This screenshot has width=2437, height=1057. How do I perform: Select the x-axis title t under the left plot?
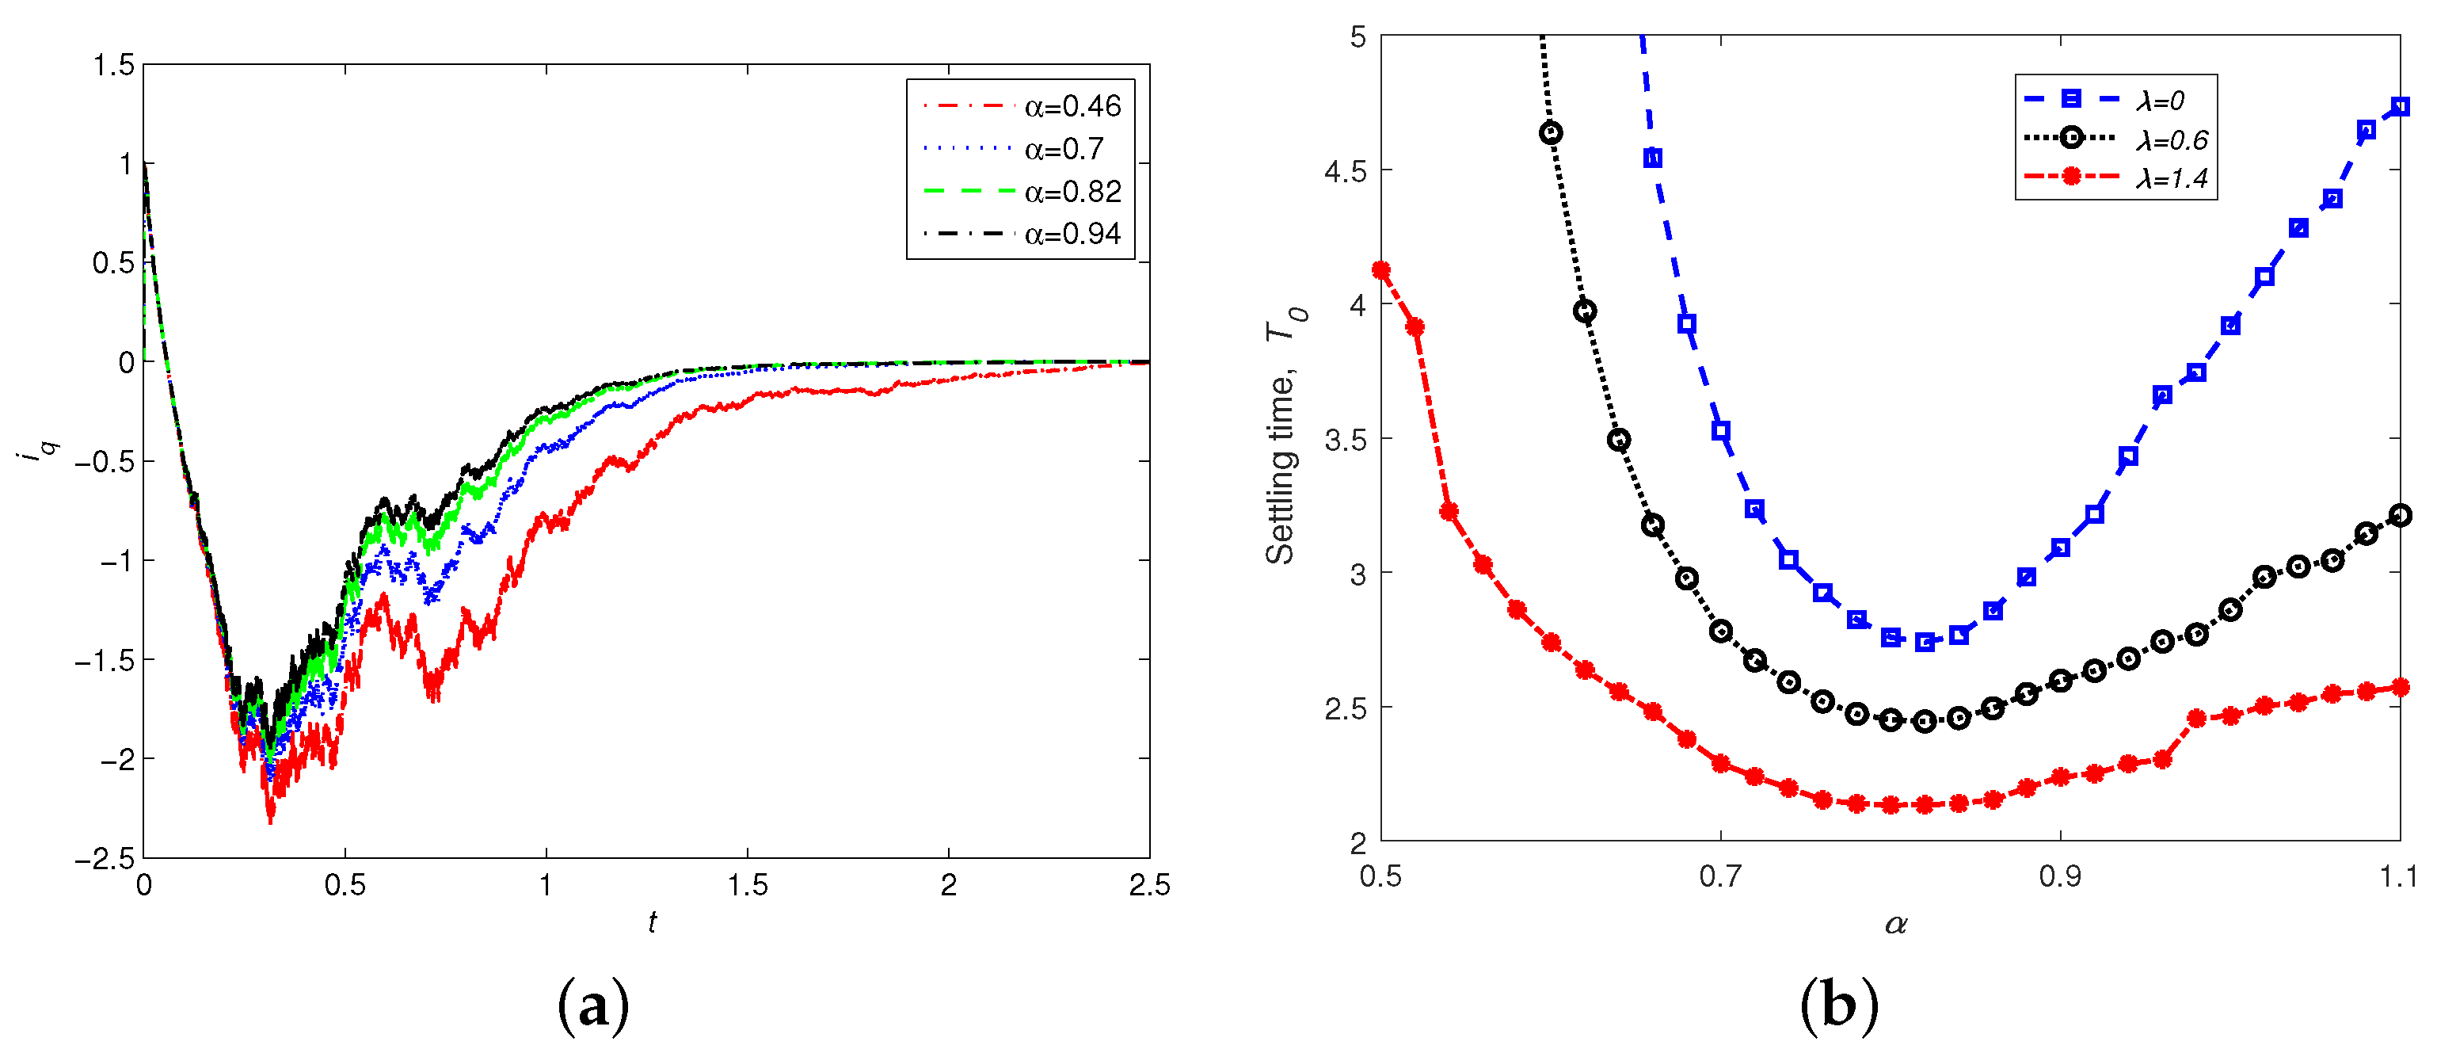652,921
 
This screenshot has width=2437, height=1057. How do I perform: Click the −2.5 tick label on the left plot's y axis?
105,858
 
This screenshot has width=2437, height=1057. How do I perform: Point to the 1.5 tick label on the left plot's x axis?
748,885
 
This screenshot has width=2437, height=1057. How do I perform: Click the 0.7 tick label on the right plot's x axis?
1720,876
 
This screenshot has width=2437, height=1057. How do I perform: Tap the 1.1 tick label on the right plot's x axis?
2399,876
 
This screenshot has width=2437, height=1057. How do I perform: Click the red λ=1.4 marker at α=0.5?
1381,271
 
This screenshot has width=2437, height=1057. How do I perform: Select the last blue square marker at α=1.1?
2399,107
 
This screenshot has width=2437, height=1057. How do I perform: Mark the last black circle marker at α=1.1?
2399,516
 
